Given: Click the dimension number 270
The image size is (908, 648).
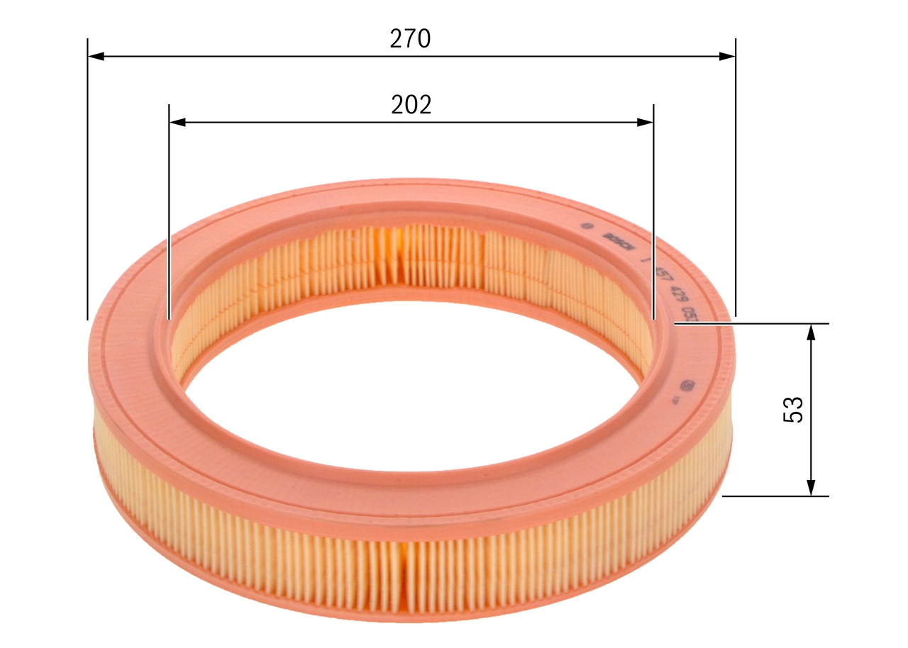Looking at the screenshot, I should (410, 39).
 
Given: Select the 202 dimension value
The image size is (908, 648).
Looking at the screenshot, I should (411, 105).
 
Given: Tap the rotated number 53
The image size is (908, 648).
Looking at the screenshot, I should (793, 410).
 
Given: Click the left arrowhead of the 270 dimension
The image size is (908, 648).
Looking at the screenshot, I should (96, 55).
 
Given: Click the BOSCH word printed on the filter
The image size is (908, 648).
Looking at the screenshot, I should (619, 241).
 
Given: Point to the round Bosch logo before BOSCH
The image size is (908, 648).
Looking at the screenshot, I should (586, 227).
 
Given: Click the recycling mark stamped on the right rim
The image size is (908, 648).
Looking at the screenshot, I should (687, 387).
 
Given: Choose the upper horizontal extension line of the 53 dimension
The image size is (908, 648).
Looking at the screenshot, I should (752, 323).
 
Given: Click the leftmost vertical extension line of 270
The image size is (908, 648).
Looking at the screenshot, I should (87, 177).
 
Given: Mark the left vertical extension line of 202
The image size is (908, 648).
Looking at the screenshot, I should (169, 213).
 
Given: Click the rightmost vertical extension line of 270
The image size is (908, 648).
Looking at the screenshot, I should (736, 177).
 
